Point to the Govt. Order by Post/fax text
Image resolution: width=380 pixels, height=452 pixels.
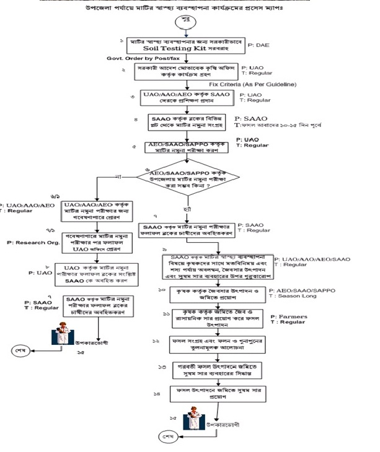pos(144,59)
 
